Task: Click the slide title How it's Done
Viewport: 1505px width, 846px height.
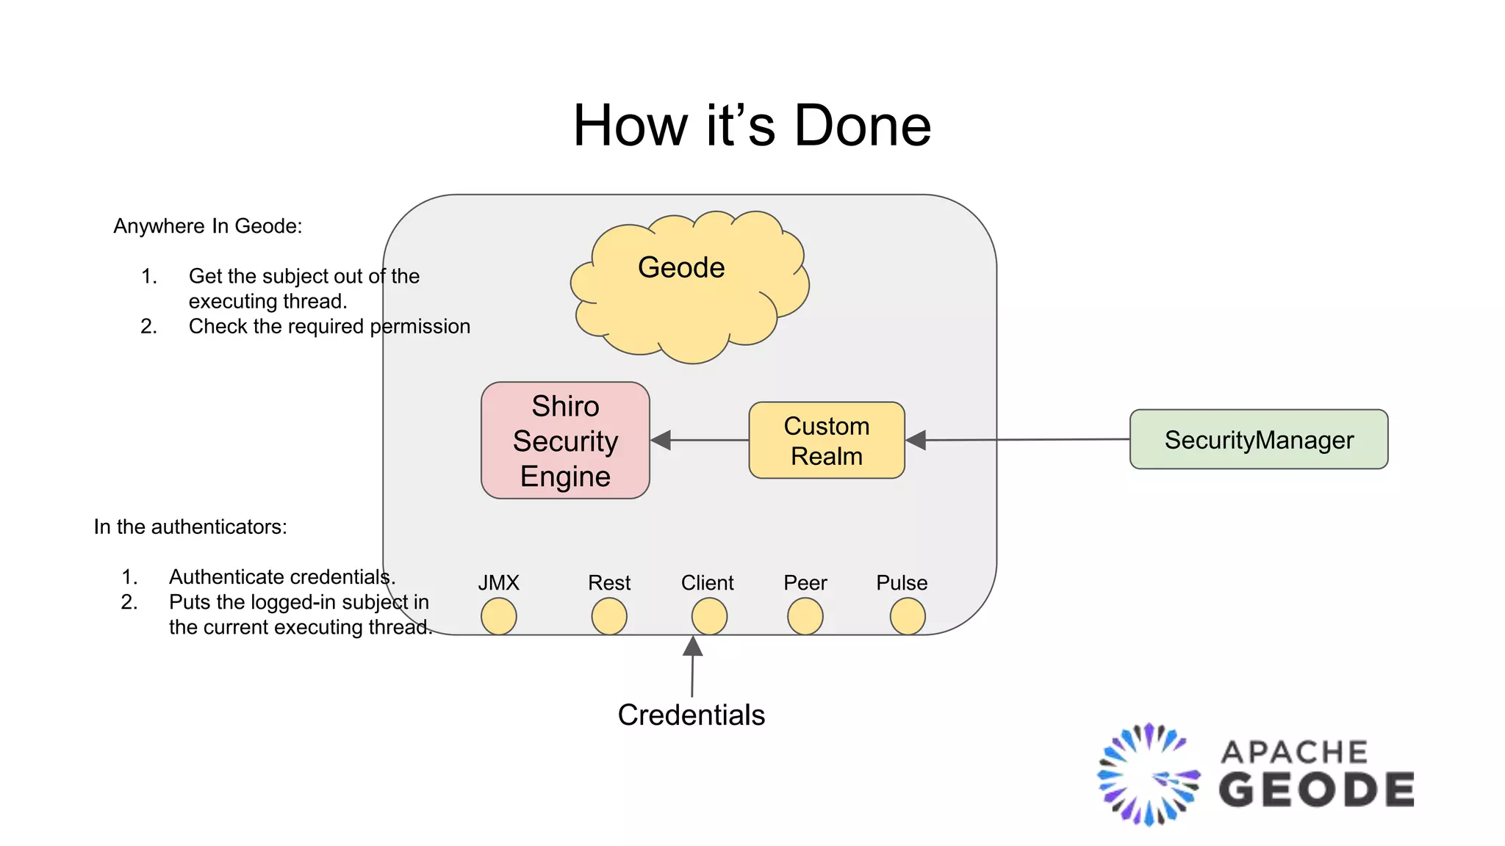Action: click(752, 125)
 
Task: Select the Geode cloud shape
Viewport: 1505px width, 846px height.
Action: click(689, 290)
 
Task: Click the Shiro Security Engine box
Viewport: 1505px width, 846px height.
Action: click(565, 441)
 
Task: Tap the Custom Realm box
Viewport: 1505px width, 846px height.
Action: click(827, 441)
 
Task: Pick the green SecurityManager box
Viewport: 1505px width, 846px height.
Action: click(1258, 439)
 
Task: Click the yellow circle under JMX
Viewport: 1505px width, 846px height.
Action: click(498, 616)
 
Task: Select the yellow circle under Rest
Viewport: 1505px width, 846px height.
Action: click(609, 616)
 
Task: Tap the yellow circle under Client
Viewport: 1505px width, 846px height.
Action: click(709, 616)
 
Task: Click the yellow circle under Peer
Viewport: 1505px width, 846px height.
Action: click(805, 616)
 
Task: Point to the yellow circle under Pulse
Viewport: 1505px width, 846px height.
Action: click(908, 616)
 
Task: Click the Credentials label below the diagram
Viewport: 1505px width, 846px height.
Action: click(691, 715)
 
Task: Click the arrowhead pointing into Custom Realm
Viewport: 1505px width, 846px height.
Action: click(916, 440)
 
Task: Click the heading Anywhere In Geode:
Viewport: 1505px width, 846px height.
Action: click(207, 226)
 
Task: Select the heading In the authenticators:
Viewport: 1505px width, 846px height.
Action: click(190, 527)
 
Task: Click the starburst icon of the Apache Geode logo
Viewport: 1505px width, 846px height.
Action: click(1149, 775)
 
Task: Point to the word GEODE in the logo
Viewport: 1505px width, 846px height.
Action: click(1315, 790)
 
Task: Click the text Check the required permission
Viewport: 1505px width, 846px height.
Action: click(329, 326)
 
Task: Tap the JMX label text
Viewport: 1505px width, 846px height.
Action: click(498, 582)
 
